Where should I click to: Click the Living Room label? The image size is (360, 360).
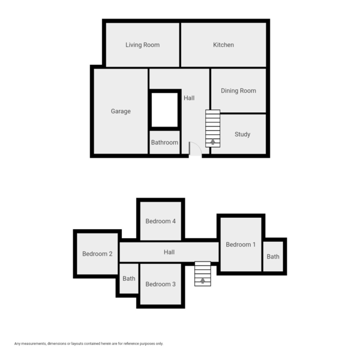(142, 45)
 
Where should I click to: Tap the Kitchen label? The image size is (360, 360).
(223, 45)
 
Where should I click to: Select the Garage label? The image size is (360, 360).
(121, 111)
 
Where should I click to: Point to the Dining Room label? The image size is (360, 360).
(238, 91)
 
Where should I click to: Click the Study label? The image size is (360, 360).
(242, 134)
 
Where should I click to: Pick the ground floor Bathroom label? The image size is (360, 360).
(164, 143)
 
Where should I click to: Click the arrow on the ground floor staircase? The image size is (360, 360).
(212, 142)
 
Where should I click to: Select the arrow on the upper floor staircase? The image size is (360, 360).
(203, 280)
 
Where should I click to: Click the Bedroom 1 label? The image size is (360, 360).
(241, 244)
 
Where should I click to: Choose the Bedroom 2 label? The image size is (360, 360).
(97, 254)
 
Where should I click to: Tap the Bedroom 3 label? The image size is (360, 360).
(160, 284)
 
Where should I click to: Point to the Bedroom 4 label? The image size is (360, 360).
(160, 221)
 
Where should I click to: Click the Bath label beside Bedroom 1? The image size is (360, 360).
(273, 257)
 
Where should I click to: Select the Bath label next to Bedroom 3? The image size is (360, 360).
(129, 278)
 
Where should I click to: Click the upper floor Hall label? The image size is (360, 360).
(169, 253)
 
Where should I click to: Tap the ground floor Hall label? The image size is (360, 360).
(189, 98)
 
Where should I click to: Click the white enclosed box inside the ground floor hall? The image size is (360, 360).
(164, 110)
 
